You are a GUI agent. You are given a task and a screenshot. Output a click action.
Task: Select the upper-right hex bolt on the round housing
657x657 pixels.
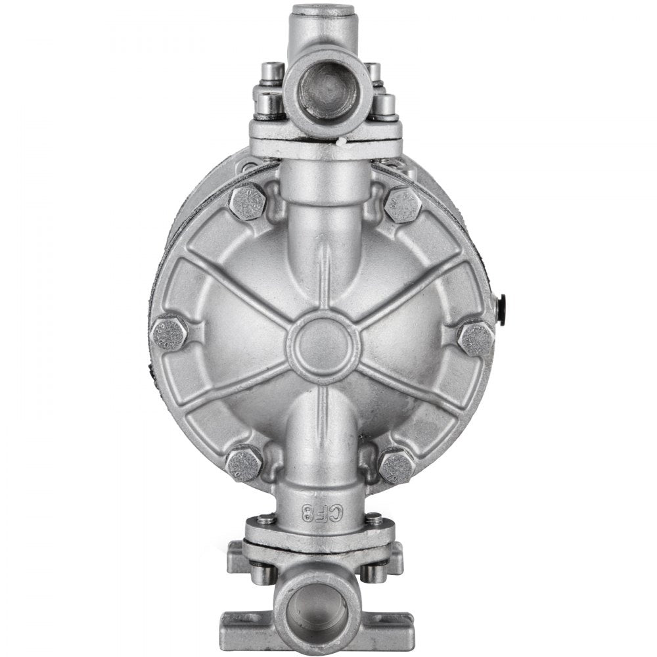tap(402, 204)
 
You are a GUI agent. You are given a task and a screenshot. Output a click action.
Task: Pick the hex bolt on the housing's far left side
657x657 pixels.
tap(169, 333)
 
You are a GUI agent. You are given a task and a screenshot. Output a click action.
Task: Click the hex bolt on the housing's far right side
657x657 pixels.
tap(474, 338)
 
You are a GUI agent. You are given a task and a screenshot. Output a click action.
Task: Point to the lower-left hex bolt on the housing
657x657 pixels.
tap(244, 463)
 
